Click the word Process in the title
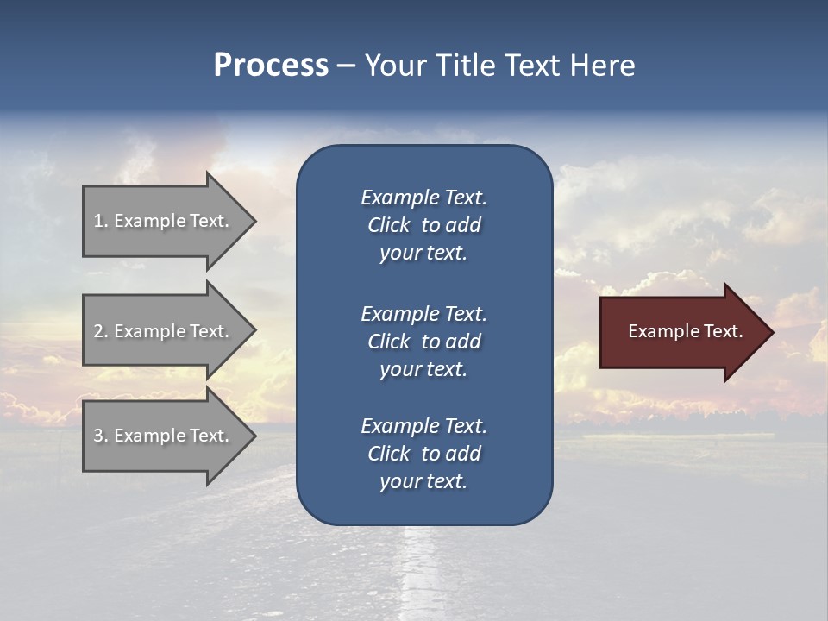[x=271, y=66]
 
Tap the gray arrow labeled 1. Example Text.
[x=164, y=221]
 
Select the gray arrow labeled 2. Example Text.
[x=164, y=331]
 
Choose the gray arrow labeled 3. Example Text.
[x=164, y=436]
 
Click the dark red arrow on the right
[x=681, y=332]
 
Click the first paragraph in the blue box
[x=423, y=225]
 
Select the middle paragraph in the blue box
[x=423, y=342]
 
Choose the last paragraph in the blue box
[x=423, y=454]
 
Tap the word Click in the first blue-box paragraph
[x=388, y=225]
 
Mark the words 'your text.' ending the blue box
[x=423, y=482]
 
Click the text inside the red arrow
[x=685, y=331]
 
